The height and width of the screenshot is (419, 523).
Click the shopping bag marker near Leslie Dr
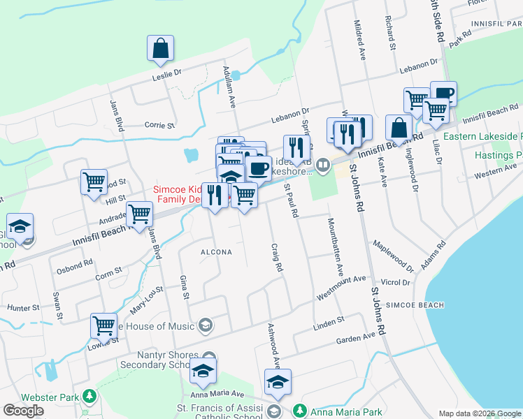point(160,48)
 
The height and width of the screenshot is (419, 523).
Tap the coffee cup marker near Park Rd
point(443,94)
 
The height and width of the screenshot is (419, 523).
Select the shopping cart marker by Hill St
point(94,182)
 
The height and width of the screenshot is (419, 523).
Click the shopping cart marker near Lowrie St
point(103,325)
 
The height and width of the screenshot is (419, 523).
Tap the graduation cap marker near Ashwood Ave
point(278,382)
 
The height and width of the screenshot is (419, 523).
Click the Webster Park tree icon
point(89,397)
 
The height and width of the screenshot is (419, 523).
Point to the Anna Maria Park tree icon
point(300,410)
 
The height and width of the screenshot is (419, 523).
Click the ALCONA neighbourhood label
point(217,252)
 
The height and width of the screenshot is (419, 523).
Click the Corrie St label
point(159,126)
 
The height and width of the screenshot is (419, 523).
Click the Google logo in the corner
point(23,411)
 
